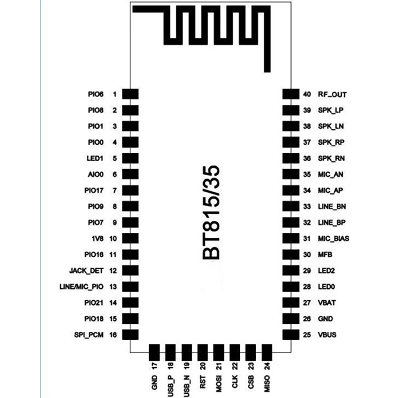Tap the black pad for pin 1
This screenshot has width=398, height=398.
130,94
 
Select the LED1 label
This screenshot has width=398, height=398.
95,158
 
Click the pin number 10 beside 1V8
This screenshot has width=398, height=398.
113,238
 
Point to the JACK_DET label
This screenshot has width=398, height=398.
87,271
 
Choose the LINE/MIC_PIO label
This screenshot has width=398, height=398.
81,287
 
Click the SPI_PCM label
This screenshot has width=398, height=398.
88,335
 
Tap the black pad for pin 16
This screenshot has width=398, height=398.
130,335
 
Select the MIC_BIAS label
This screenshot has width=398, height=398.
333,238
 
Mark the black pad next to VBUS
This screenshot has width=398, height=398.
290,335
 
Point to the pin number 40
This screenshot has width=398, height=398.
307,94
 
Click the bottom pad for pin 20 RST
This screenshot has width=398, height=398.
203,351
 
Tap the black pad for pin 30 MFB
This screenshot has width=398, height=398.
290,254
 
